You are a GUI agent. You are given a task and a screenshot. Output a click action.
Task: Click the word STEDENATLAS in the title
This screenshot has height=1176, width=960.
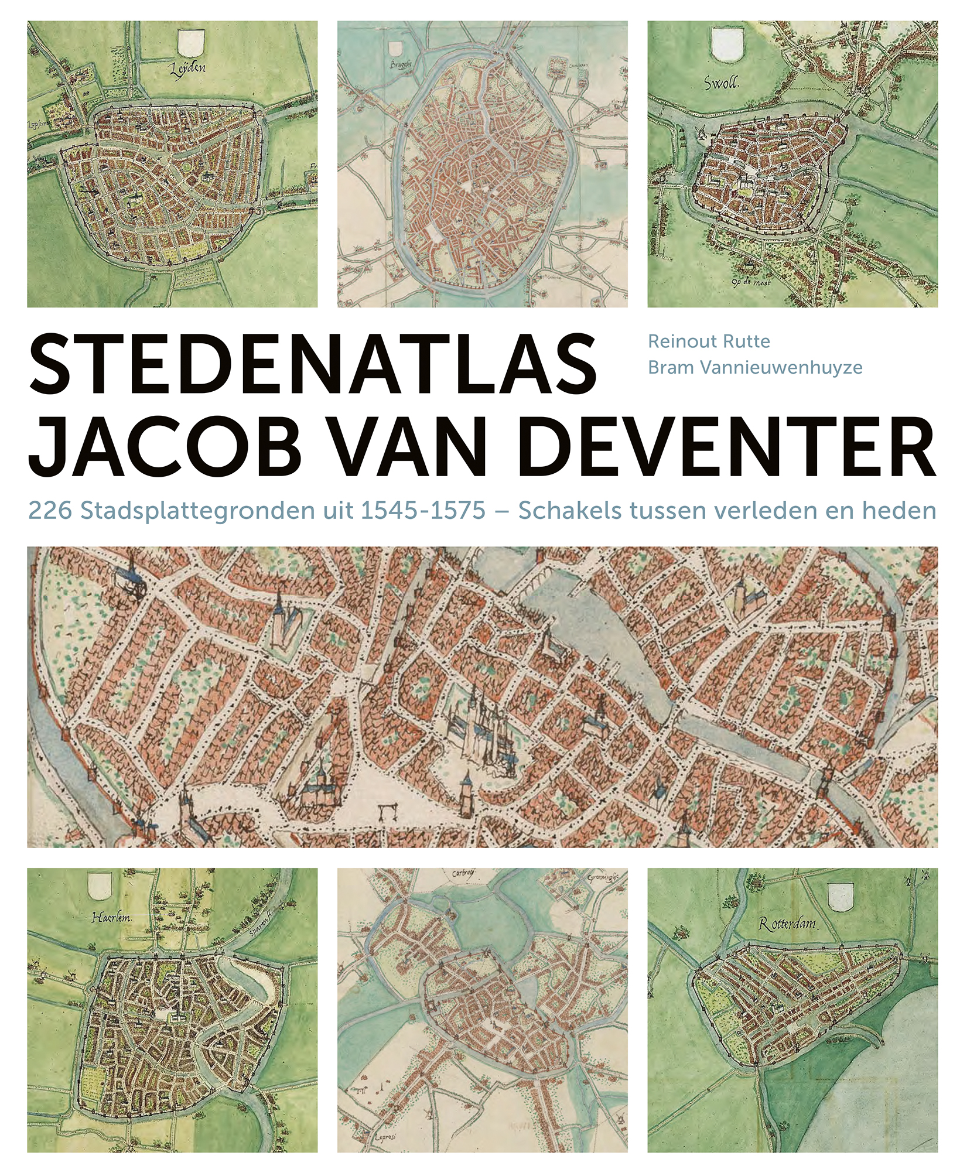coord(312,364)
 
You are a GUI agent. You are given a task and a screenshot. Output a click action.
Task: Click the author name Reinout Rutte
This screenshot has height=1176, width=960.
coord(709,341)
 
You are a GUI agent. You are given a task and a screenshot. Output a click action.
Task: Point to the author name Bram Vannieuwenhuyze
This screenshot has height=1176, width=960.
coord(754,367)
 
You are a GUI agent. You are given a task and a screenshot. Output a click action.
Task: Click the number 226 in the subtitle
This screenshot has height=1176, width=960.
coord(50,511)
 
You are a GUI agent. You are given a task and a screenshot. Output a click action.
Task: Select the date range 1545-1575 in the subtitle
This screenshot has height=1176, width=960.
coord(422,511)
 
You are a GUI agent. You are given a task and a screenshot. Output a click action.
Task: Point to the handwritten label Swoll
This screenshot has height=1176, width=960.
coord(721,83)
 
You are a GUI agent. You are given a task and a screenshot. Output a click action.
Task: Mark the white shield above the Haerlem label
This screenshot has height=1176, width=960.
coord(100,886)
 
